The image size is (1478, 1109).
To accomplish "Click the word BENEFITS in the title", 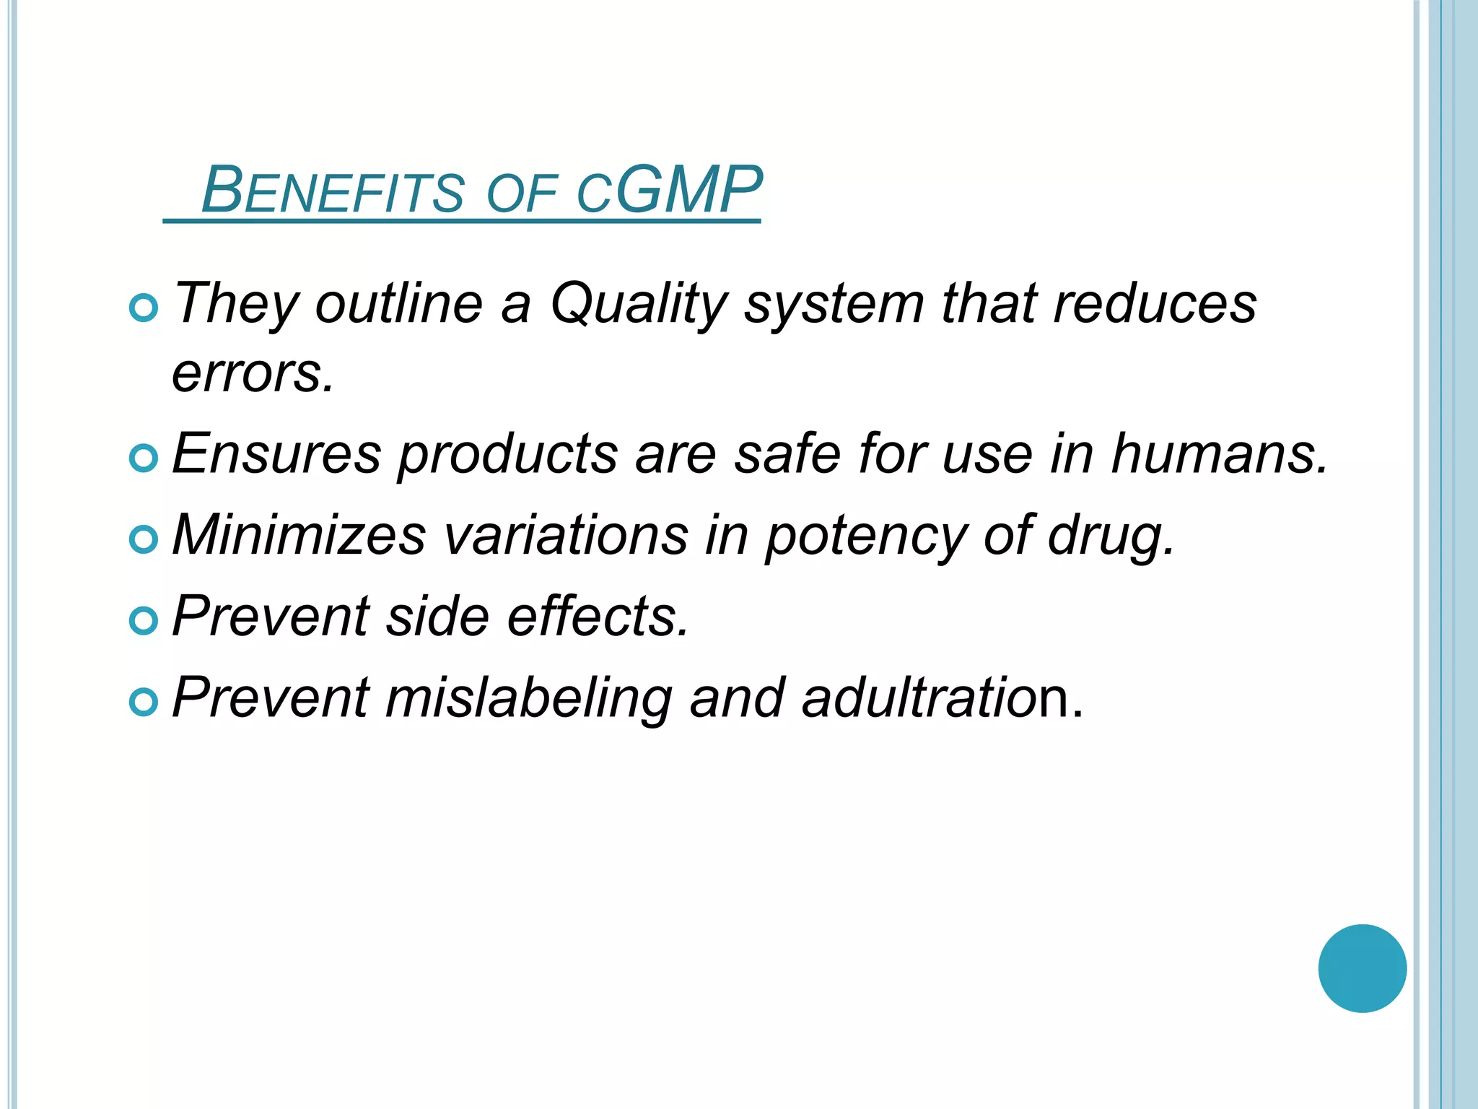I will pos(332,191).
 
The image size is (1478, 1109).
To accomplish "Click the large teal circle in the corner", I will pos(1362,968).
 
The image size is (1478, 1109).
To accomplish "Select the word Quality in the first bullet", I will pos(638,303).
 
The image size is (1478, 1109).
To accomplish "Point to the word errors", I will pos(253,373).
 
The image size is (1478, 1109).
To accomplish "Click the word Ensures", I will pos(276,454).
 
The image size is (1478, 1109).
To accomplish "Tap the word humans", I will pos(1219,454).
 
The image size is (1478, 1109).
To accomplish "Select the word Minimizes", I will pos(299,535).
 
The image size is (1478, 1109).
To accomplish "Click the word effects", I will pos(598,617).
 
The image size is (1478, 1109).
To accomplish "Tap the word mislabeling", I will pos(528,699).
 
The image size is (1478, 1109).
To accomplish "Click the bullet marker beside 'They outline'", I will pos(144,308).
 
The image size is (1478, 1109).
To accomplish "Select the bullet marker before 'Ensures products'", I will pos(144,458).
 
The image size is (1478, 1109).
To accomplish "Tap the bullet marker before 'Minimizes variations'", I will pos(144,539).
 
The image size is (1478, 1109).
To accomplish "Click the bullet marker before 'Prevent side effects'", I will pos(144,621).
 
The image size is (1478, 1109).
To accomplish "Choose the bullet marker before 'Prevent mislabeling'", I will pos(144,703).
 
